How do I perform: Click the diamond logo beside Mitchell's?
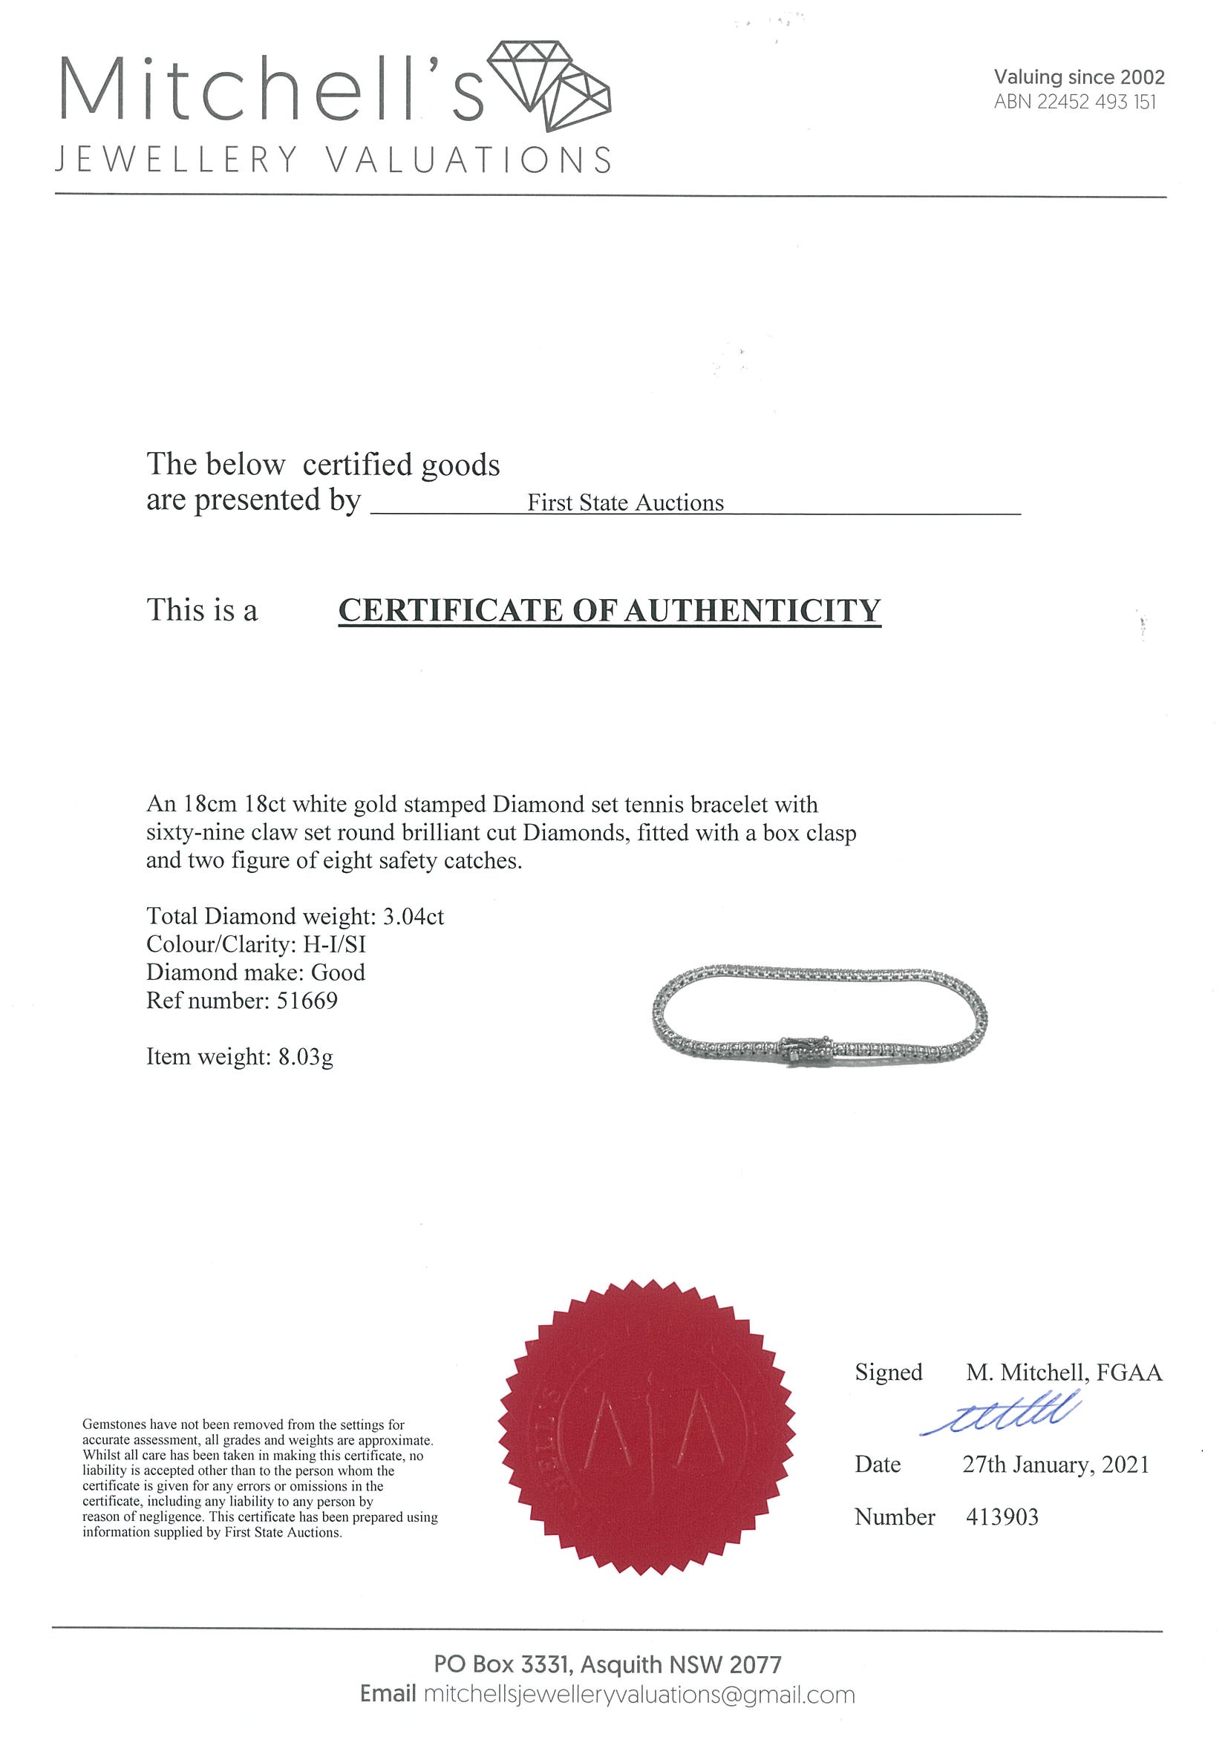click(x=549, y=85)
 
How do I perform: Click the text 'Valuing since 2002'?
click(x=1078, y=77)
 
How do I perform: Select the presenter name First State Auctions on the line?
click(x=625, y=503)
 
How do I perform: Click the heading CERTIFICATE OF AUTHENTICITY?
click(x=609, y=610)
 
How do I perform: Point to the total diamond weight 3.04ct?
click(x=413, y=917)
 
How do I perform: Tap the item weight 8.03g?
click(x=306, y=1057)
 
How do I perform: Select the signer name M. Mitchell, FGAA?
click(x=1063, y=1373)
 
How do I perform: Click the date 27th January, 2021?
click(x=1056, y=1465)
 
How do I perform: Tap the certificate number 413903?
click(x=1002, y=1517)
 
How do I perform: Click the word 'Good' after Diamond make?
click(x=339, y=973)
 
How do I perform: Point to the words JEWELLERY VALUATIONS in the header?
click(x=333, y=160)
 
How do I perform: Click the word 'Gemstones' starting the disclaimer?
click(x=114, y=1424)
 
